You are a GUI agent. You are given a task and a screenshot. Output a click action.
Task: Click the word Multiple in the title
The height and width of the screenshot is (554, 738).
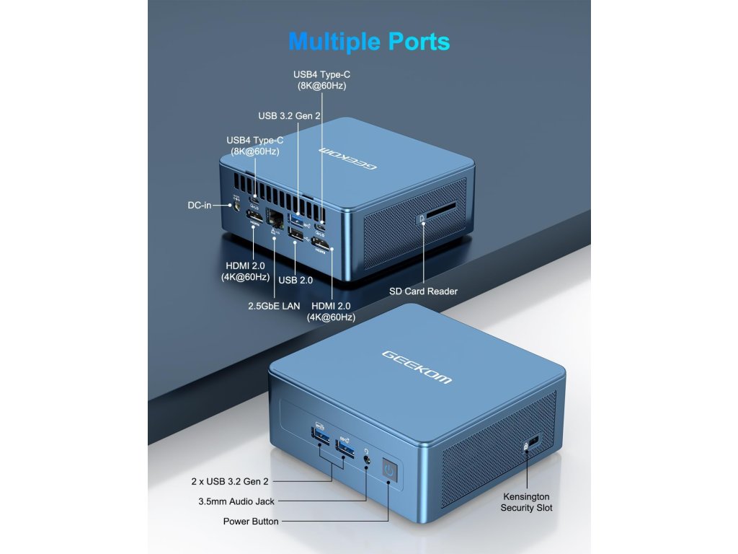(x=334, y=41)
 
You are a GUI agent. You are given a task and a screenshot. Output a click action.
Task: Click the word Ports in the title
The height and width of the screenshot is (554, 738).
(x=419, y=41)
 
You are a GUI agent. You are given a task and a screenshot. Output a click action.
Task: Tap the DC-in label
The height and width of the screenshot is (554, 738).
(x=200, y=206)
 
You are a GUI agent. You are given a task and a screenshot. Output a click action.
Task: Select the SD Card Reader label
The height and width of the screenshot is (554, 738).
(x=423, y=291)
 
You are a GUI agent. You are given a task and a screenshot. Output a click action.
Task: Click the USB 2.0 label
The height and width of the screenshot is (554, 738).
(x=295, y=280)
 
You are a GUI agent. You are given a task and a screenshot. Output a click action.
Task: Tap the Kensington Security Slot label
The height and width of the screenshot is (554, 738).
(x=526, y=502)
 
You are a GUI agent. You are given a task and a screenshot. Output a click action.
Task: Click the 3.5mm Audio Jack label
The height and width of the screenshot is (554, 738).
(x=236, y=501)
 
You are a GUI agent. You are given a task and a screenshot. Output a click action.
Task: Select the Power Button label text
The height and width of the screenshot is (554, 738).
(x=251, y=521)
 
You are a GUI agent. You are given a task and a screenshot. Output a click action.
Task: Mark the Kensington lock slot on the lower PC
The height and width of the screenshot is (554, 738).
(x=533, y=440)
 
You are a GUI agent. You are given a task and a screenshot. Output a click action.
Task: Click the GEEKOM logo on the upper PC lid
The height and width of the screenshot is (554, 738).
(x=350, y=157)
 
